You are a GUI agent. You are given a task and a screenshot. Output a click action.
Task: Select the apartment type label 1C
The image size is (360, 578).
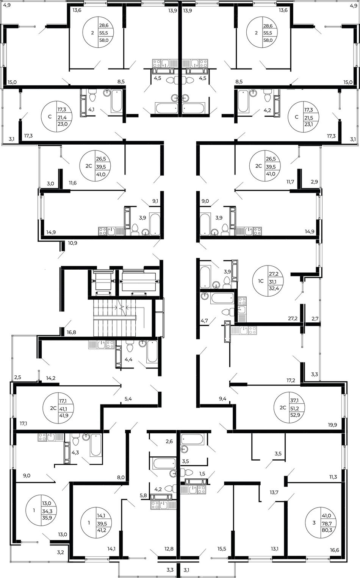coord(261,281)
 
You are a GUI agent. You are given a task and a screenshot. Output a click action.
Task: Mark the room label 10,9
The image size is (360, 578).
coord(72,243)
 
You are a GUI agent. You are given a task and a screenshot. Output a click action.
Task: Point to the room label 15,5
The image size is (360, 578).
coord(222,548)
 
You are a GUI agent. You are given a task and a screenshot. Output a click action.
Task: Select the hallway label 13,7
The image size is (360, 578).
coord(274,492)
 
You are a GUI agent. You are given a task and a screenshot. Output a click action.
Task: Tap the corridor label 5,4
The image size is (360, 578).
coord(128,399)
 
